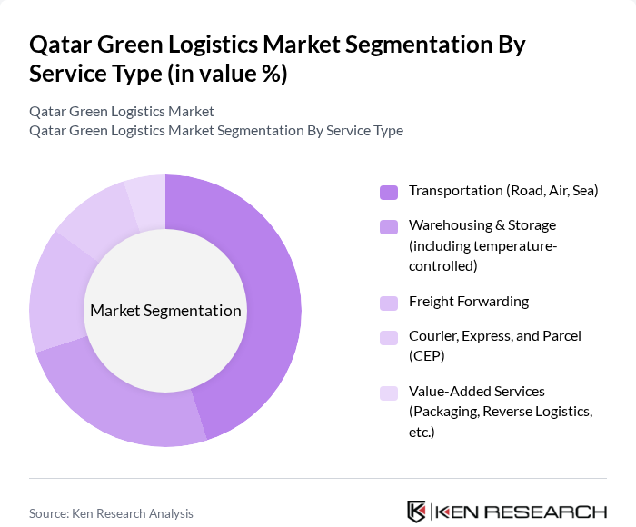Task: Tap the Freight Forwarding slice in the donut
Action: coord(56,291)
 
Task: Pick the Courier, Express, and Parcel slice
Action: coord(91,218)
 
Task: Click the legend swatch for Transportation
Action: coord(389,191)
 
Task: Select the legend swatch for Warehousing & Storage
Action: coord(389,225)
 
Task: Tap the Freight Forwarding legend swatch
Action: coord(389,302)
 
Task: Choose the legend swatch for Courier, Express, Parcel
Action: coord(389,336)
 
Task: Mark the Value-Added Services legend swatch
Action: coord(389,393)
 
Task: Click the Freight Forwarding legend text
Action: coord(469,302)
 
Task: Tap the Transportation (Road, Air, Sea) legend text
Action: coord(503,191)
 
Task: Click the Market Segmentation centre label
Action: coord(165,311)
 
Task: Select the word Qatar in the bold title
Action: coord(63,45)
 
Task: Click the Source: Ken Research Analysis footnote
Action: coord(111,513)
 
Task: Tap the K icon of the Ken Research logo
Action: coord(418,512)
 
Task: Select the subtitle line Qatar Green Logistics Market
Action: coord(122,112)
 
